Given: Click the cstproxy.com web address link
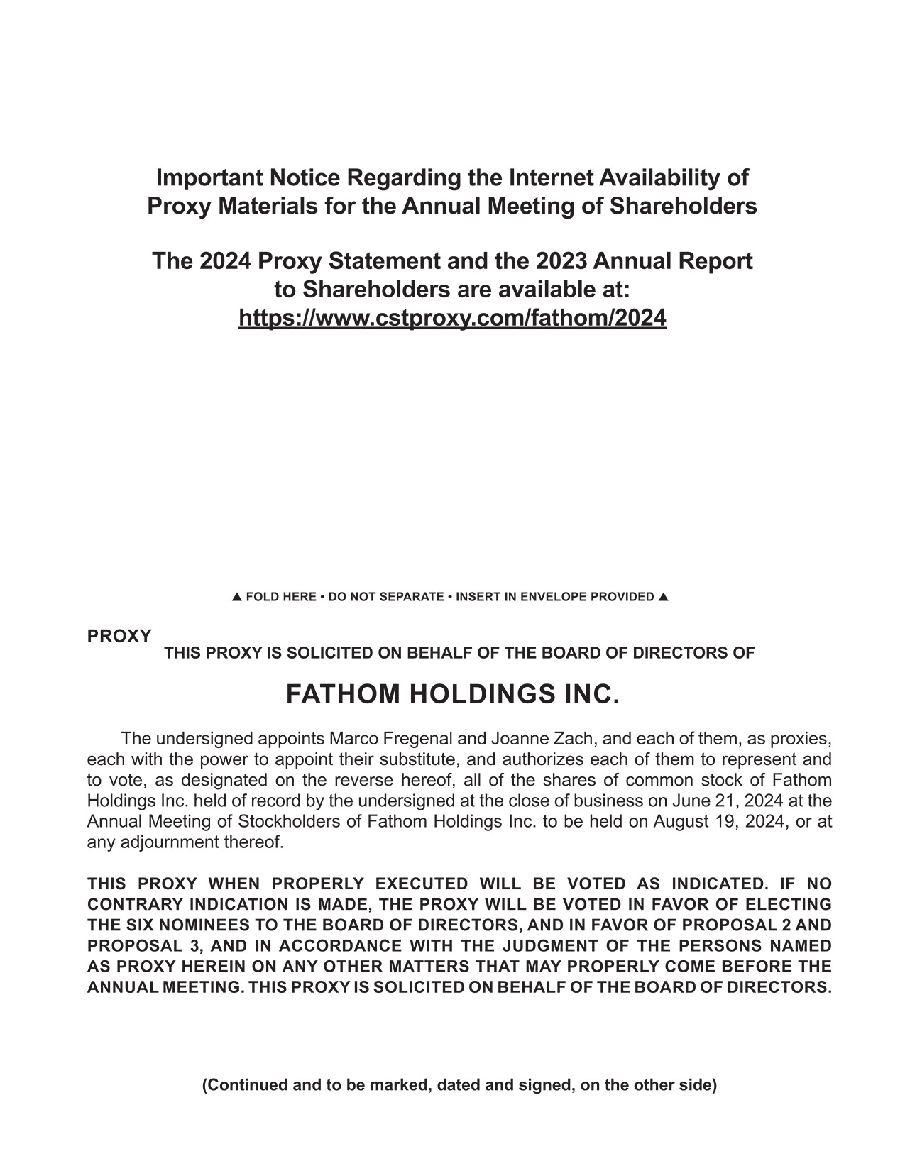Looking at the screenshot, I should [452, 318].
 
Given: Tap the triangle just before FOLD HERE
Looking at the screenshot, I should [238, 597].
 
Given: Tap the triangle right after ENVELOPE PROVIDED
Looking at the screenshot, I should [663, 597].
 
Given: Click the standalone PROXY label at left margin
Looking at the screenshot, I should [119, 637].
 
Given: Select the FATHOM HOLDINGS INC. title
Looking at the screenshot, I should [453, 694].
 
